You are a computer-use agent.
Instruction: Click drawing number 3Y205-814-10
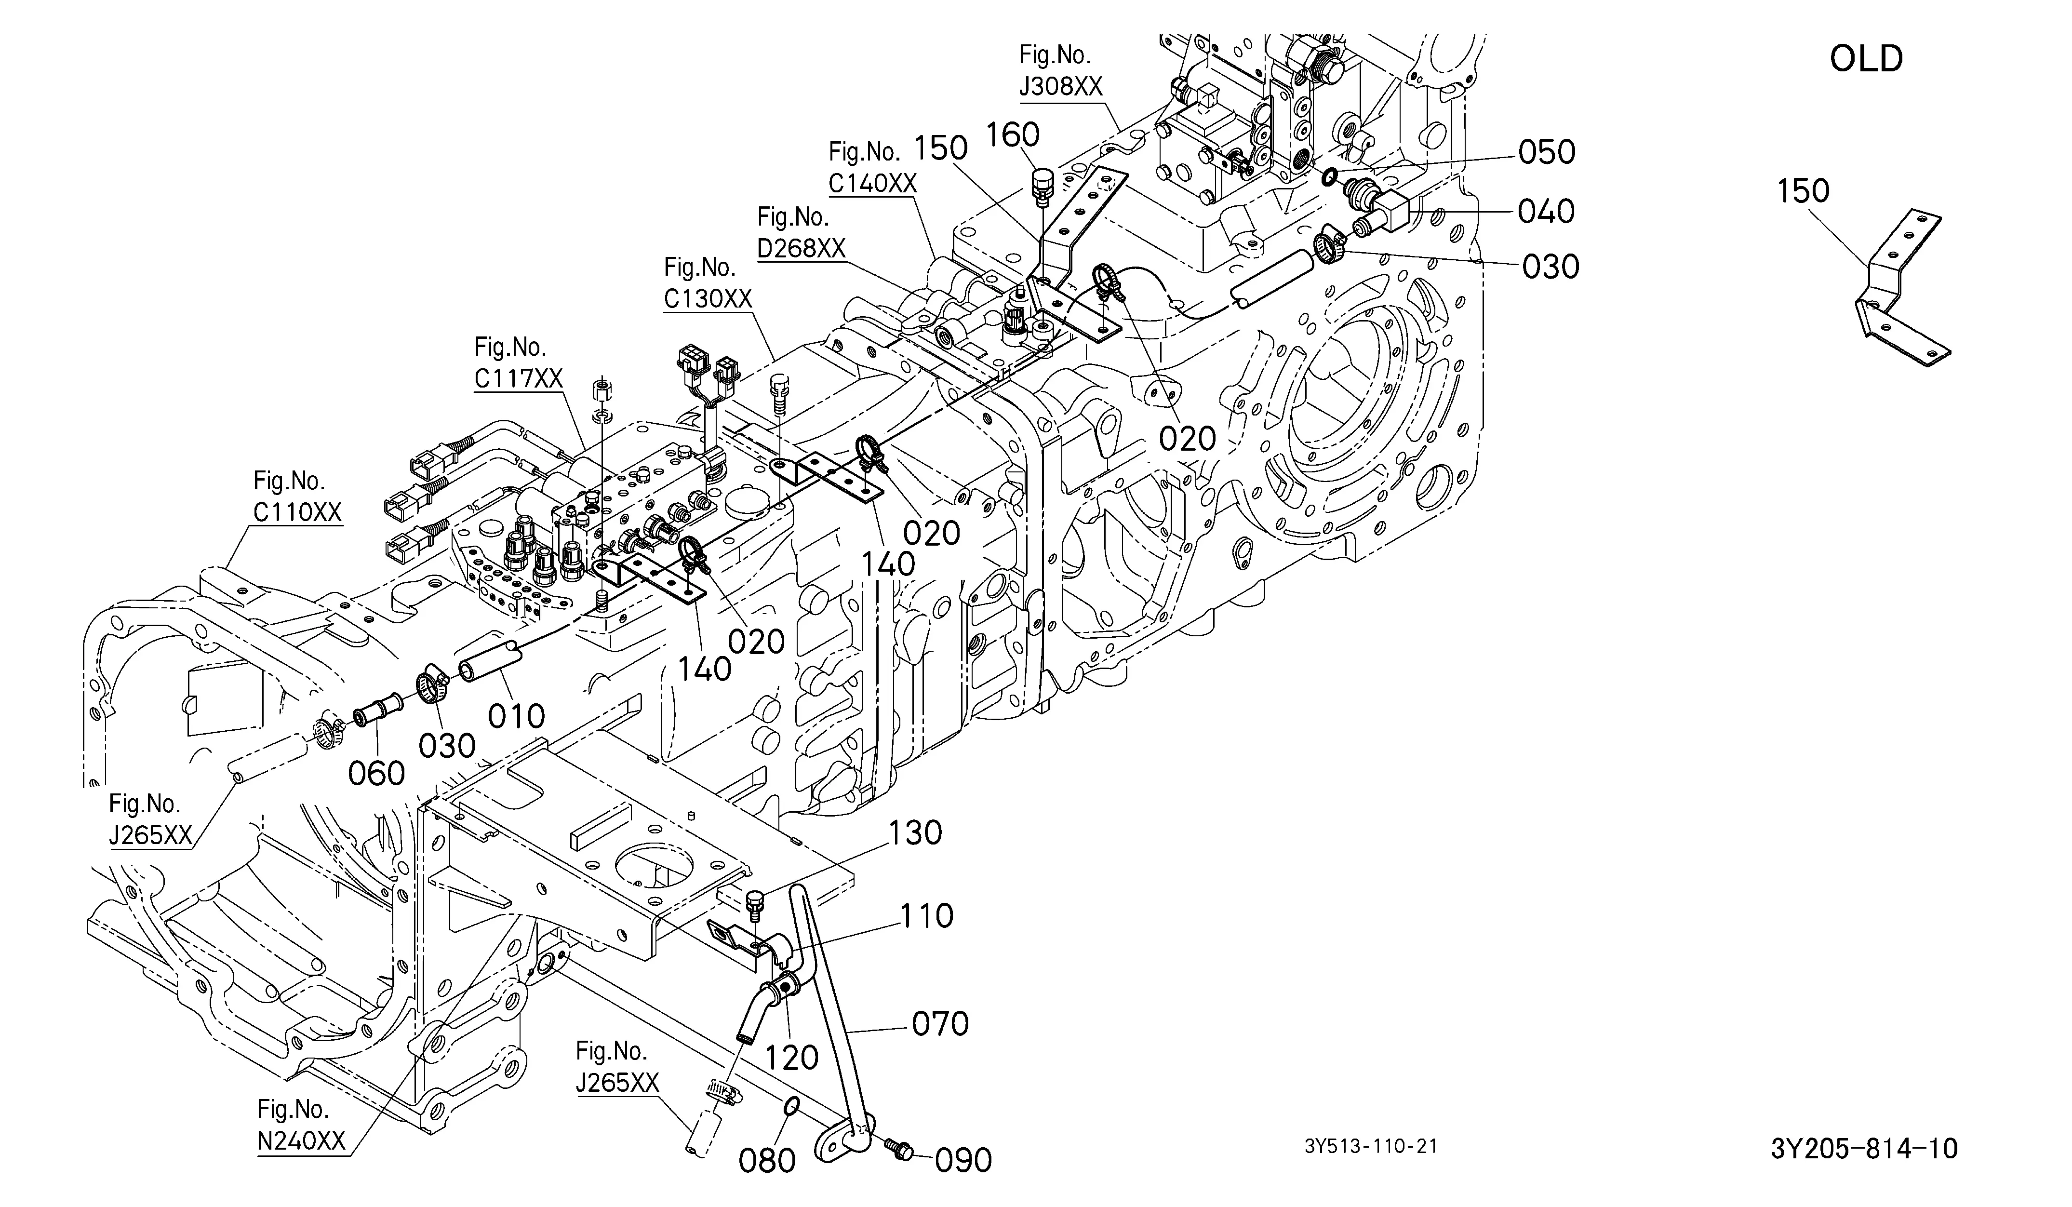coord(1864,1149)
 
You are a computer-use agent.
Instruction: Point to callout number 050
coord(1547,152)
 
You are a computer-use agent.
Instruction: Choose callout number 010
coord(516,716)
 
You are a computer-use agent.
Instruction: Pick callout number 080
coord(767,1160)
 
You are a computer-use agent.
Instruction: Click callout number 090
coord(963,1160)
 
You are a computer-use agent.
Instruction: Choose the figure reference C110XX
coord(297,512)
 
